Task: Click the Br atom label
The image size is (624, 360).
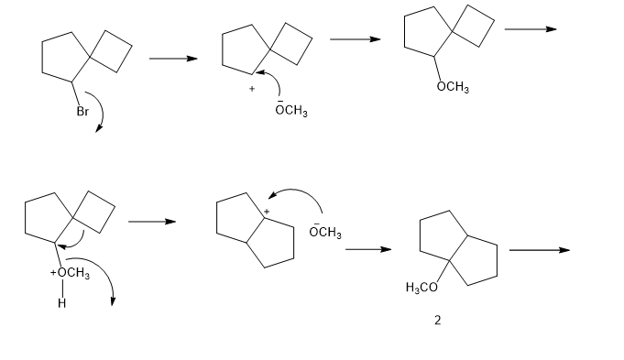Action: click(82, 112)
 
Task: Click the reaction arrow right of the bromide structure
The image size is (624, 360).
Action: click(173, 59)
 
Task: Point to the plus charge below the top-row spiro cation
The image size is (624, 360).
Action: click(252, 89)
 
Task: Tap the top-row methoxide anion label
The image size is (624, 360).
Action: click(291, 109)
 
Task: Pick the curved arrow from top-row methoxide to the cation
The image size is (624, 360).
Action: click(277, 79)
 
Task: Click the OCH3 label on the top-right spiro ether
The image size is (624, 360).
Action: click(453, 87)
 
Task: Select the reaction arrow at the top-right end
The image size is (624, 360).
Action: click(531, 29)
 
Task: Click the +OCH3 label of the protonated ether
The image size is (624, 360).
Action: click(70, 273)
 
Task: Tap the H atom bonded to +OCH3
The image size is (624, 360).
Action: click(61, 303)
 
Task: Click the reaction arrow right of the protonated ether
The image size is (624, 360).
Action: click(152, 222)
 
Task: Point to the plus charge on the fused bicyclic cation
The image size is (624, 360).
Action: click(267, 212)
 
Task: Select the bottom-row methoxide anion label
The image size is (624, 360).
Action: click(325, 231)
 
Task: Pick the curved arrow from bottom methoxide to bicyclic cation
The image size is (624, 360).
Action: click(298, 191)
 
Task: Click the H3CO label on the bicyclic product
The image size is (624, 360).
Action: click(421, 288)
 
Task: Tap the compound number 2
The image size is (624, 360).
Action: click(438, 321)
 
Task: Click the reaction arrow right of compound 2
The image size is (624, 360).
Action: click(540, 250)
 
